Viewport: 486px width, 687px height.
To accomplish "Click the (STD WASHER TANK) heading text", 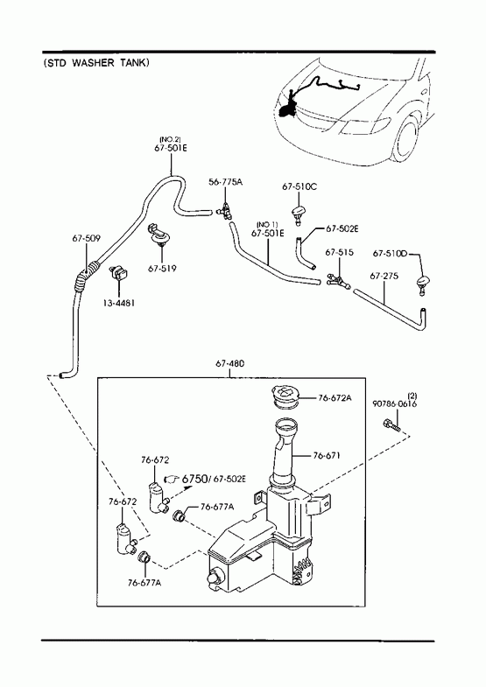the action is [96, 63].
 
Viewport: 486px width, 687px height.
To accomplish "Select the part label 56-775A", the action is [225, 181].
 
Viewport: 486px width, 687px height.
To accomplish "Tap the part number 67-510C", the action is [299, 186].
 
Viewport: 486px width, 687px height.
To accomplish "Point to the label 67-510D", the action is [390, 254].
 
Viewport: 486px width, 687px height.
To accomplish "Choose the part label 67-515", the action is [339, 252].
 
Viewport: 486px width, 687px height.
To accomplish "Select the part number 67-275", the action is [384, 276].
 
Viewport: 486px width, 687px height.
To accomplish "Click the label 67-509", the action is [87, 238].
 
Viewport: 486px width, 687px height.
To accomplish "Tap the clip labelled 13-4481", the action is [118, 273].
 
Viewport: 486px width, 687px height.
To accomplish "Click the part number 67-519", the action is [162, 269].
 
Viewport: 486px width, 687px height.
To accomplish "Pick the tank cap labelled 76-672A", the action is [285, 396].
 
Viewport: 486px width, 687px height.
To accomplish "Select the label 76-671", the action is [327, 456].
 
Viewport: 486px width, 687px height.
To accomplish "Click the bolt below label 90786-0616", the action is [391, 424].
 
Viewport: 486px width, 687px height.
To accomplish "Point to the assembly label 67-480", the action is [230, 364].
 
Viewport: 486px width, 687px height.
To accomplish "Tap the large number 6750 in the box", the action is [194, 479].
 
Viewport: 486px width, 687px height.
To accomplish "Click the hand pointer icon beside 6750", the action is [172, 479].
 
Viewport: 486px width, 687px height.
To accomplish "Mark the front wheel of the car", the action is [405, 137].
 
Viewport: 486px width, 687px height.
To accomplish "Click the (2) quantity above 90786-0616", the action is [412, 396].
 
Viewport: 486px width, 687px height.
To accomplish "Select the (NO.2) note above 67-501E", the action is [170, 140].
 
